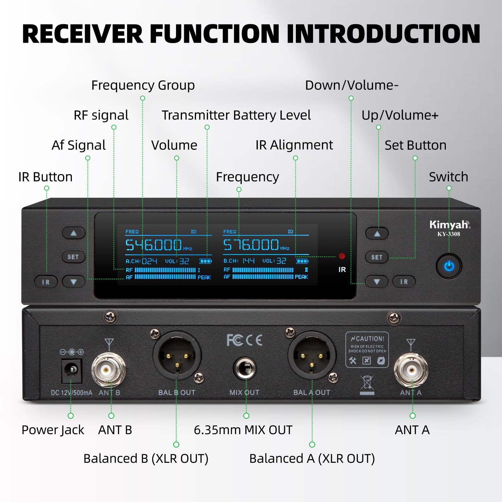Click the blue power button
click(x=449, y=266)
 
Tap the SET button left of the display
click(x=73, y=257)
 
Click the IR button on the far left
click(x=46, y=282)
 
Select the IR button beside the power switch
click(x=404, y=282)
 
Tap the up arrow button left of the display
click(x=73, y=233)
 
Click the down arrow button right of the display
click(x=377, y=282)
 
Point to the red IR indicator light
click(x=342, y=256)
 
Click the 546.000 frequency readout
click(x=154, y=245)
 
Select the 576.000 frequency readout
click(x=251, y=245)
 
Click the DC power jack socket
click(x=72, y=371)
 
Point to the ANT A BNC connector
click(x=411, y=370)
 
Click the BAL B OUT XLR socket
click(x=177, y=355)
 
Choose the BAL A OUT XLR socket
click(x=312, y=355)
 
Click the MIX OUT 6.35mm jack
click(x=245, y=368)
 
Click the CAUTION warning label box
click(x=367, y=350)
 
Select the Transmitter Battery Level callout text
click(x=236, y=115)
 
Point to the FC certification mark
click(x=235, y=340)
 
